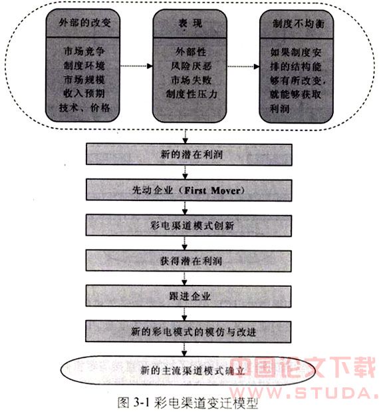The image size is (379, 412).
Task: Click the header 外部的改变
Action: [84, 23]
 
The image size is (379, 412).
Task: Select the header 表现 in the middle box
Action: [190, 23]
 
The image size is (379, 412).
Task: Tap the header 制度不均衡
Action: [299, 24]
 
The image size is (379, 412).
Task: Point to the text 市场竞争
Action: [84, 51]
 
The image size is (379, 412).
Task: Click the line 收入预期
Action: [84, 93]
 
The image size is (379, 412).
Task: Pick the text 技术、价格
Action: [84, 107]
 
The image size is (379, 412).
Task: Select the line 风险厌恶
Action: [191, 66]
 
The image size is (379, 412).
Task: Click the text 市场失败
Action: [191, 80]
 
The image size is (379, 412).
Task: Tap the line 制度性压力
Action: [191, 94]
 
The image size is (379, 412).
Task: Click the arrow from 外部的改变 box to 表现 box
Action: [136, 66]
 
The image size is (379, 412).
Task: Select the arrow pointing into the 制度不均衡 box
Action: [243, 66]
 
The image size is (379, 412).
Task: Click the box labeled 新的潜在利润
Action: [189, 154]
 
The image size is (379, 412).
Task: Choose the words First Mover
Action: [212, 190]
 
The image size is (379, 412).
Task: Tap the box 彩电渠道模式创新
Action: [189, 226]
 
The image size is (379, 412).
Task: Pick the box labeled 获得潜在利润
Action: [189, 261]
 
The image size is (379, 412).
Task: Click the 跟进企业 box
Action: [188, 296]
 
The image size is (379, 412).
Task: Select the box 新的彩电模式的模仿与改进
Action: [188, 331]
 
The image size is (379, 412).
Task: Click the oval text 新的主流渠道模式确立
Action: [192, 371]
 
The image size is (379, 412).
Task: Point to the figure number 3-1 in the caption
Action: [141, 402]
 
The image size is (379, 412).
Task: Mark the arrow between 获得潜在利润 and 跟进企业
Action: [185, 278]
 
